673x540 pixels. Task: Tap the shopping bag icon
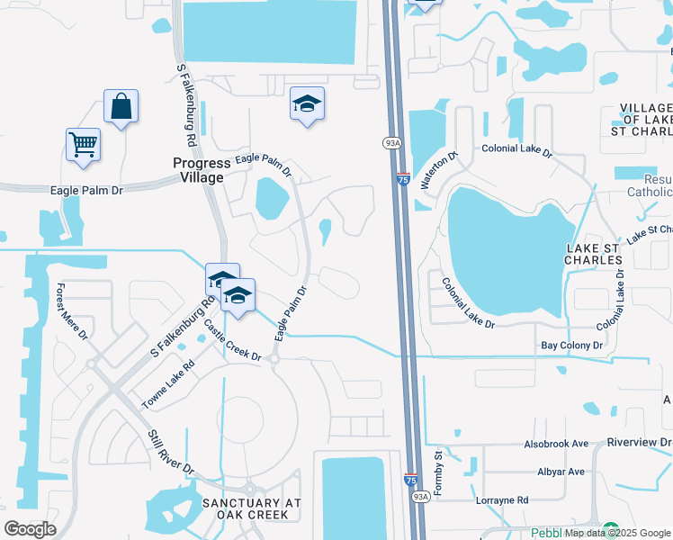(x=121, y=108)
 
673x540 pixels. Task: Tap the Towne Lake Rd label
(x=168, y=386)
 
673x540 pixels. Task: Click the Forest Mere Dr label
(x=71, y=311)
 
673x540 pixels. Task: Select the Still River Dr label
(x=171, y=452)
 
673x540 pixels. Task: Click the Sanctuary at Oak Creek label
(x=246, y=508)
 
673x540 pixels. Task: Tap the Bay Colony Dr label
(x=571, y=345)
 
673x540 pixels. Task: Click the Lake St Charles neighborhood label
(x=594, y=253)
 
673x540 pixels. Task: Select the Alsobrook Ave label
(x=556, y=444)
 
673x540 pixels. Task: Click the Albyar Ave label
(x=561, y=472)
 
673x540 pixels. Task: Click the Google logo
(x=31, y=529)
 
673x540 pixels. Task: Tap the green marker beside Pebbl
(x=611, y=530)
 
